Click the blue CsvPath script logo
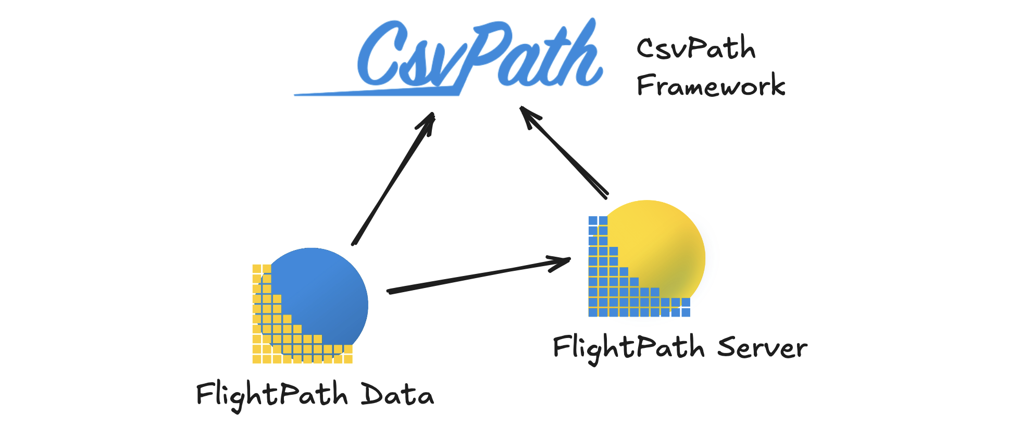coord(469,57)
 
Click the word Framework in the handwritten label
coord(711,85)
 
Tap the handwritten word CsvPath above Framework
coord(696,48)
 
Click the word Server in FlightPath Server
coord(762,348)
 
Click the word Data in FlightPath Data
coord(397,394)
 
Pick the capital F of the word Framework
coord(645,84)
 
